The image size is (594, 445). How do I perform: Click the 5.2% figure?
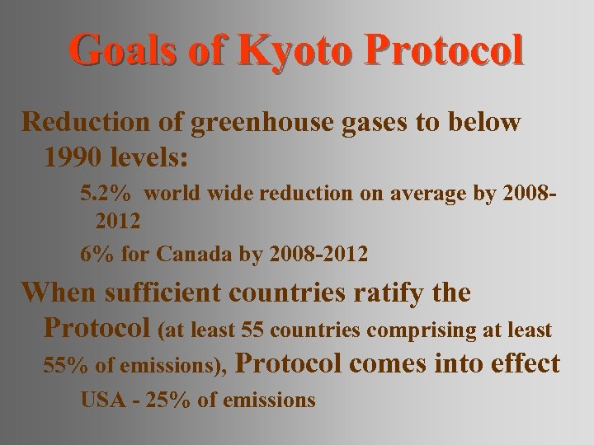(105, 194)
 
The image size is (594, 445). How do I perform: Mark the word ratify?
(384, 293)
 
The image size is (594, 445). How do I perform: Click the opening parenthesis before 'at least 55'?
(162, 330)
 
